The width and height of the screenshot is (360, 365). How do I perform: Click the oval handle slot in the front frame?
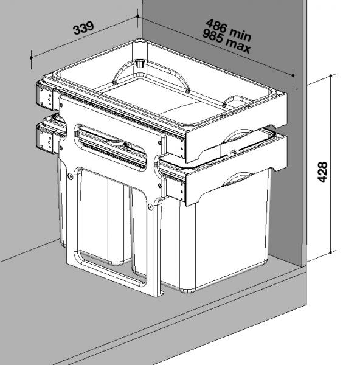pos(111,146)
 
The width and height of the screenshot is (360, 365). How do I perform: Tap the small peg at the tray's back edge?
pos(139,63)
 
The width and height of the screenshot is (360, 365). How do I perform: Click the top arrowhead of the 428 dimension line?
pos(331,77)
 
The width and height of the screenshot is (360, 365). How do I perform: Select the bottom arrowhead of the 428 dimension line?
pos(331,251)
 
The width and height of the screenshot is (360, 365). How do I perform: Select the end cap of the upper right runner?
pos(176,141)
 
